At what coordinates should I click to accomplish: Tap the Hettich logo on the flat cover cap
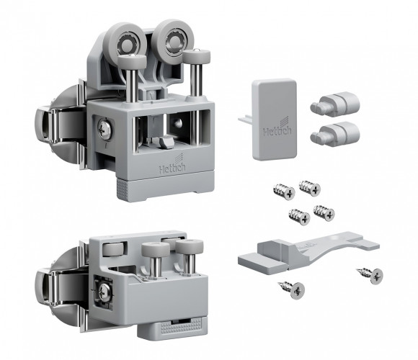tap(277, 129)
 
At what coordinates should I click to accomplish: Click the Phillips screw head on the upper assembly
tap(104, 130)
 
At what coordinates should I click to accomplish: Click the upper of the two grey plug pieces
tap(335, 104)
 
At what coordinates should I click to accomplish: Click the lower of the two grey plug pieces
tap(335, 134)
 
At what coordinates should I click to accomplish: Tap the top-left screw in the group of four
tap(284, 192)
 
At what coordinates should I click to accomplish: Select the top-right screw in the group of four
tap(310, 188)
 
